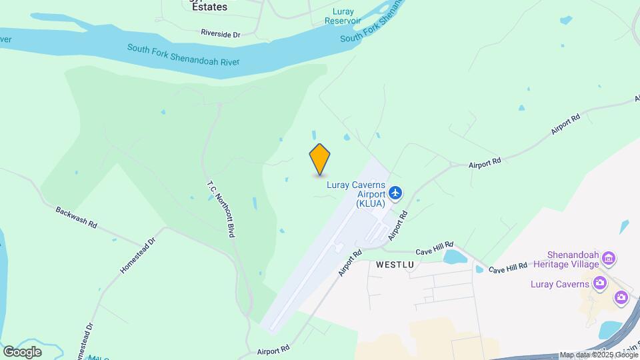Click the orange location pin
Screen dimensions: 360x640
point(320,159)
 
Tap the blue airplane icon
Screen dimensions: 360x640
point(396,193)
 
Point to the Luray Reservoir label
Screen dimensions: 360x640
point(343,16)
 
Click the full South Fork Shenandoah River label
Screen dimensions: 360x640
point(183,55)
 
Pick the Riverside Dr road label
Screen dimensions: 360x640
point(220,33)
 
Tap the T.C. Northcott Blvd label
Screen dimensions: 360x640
point(222,207)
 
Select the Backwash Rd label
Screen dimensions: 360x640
point(76,217)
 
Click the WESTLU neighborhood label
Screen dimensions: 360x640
point(395,265)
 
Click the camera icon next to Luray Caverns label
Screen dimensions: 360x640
point(600,283)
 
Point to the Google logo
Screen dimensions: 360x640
point(22,351)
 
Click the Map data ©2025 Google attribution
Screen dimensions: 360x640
point(597,355)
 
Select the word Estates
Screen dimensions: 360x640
point(208,7)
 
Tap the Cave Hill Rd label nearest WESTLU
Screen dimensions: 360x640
point(435,248)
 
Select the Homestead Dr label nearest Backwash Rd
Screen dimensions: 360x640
point(137,255)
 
